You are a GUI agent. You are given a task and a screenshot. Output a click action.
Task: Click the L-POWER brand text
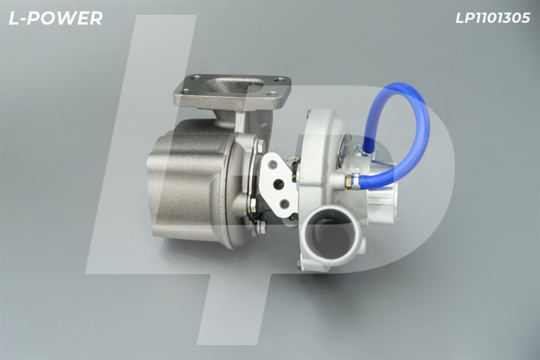(x=55, y=19)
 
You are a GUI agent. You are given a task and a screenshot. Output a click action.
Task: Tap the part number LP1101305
(x=493, y=18)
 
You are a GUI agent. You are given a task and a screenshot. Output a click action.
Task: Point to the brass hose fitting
(x=348, y=181)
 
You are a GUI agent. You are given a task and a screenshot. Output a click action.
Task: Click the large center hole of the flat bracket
(x=278, y=185)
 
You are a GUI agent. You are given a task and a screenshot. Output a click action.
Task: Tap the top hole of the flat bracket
(x=273, y=165)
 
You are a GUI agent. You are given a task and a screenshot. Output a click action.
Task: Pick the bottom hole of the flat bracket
(x=284, y=204)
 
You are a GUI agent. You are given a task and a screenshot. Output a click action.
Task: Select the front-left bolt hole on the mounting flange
(x=186, y=91)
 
